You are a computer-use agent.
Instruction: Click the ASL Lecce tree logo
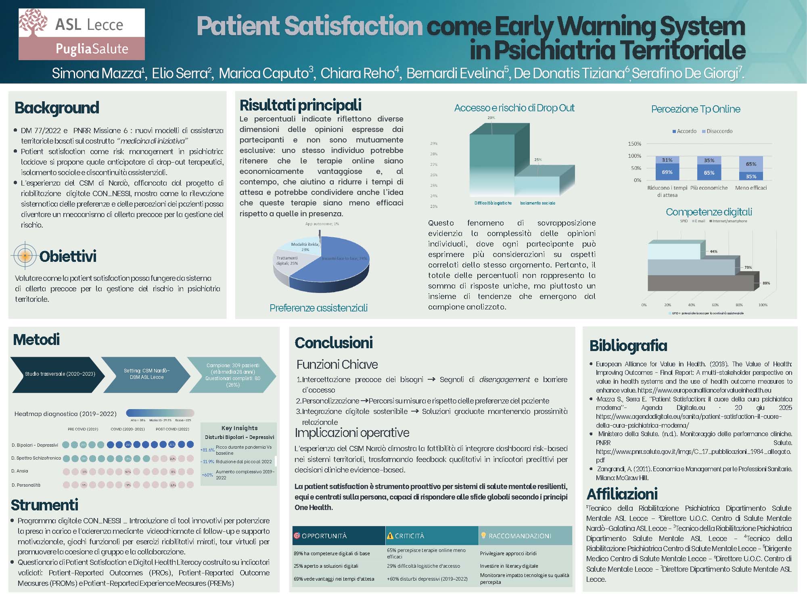coord(33,23)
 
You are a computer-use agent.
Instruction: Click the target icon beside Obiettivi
coord(25,256)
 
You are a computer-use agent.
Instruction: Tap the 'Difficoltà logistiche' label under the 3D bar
coord(493,203)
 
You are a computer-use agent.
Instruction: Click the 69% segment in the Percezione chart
coord(667,172)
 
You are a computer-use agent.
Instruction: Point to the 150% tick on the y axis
coord(634,144)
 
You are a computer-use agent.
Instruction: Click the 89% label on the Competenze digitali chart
coord(766,283)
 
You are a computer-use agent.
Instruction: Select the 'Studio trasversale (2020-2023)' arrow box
coord(60,374)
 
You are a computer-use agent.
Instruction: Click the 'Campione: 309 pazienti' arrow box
coord(233,375)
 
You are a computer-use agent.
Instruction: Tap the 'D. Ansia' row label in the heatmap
coord(20,471)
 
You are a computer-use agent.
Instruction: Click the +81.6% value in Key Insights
coord(207,449)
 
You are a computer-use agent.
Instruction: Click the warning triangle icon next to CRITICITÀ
coord(390,536)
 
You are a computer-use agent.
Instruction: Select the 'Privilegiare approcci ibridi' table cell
coord(508,553)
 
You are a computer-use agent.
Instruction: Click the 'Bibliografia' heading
coord(628,346)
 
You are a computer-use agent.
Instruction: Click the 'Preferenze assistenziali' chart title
coord(318,308)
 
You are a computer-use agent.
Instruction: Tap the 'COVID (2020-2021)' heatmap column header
coord(128,429)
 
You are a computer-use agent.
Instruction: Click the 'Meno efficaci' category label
coord(751,188)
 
